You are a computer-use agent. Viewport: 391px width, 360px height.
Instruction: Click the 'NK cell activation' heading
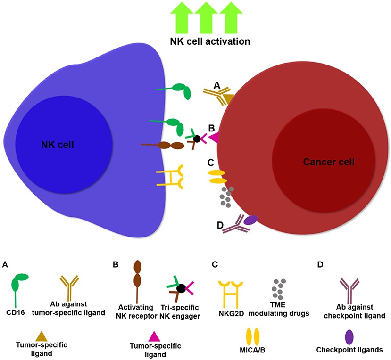(209, 41)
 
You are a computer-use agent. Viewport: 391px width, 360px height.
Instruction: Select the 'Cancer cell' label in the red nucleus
(329, 162)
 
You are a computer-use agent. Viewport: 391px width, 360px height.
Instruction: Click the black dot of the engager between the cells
(197, 139)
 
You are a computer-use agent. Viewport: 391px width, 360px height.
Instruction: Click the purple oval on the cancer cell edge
(251, 220)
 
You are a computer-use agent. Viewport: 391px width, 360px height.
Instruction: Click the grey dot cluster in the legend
(278, 286)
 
